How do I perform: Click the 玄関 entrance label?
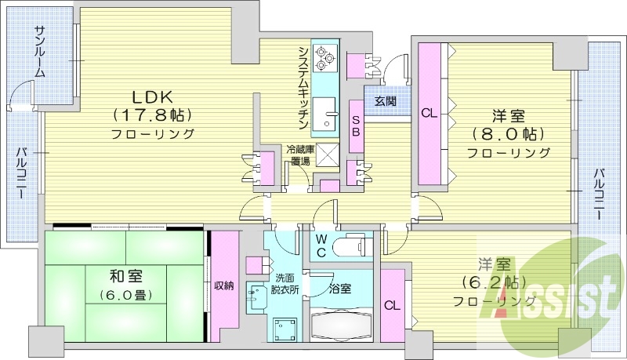click(385, 101)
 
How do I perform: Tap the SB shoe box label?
click(354, 126)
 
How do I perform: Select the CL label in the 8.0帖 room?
click(429, 113)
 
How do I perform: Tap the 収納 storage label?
click(224, 285)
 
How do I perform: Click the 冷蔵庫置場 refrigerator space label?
click(299, 155)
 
